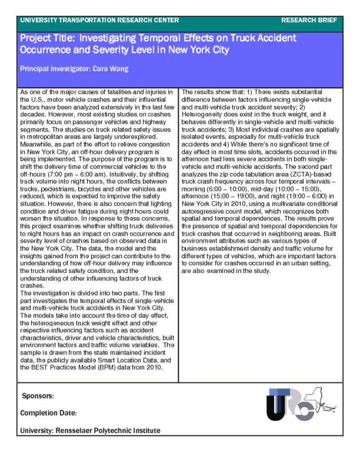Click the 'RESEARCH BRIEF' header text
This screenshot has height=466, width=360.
pos(309,20)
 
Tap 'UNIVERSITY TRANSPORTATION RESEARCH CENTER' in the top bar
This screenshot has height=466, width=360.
pos(100,20)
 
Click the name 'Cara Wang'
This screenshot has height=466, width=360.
pos(111,69)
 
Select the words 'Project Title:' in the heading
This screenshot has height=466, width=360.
pos(45,38)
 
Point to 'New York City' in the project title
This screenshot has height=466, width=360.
pos(199,50)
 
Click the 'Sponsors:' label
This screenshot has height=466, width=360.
pos(38,396)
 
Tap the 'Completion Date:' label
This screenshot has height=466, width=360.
pos(48,413)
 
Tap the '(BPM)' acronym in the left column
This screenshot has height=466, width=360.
pos(105,367)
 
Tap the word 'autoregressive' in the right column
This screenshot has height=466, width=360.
pos(203,211)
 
